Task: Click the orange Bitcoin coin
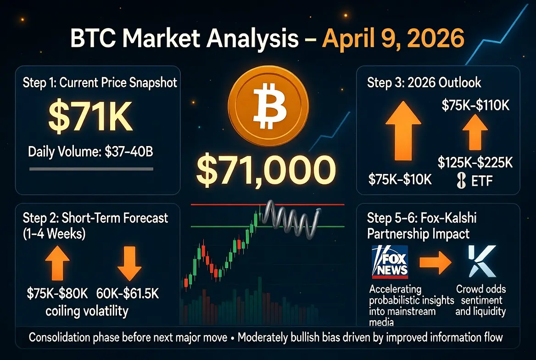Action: [268, 106]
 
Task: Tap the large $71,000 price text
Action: [266, 170]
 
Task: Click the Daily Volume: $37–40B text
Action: [90, 151]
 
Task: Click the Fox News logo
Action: [390, 261]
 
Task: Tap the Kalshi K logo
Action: [482, 261]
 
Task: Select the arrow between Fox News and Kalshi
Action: [435, 263]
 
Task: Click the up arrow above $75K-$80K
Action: [57, 263]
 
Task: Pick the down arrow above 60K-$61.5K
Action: [129, 263]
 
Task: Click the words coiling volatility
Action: [87, 311]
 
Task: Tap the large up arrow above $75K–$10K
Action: [403, 131]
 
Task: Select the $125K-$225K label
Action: [475, 162]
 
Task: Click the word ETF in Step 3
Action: [482, 181]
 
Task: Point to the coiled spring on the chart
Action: [291, 219]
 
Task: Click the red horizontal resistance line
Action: [268, 205]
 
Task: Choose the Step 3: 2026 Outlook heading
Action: [424, 83]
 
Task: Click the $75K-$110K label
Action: [475, 105]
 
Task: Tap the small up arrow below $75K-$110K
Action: [475, 132]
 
